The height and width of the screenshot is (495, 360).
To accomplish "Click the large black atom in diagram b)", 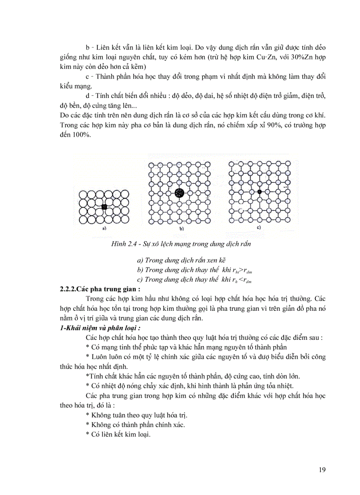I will coord(179,193).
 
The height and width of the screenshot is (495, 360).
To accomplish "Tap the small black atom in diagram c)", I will coord(259,192).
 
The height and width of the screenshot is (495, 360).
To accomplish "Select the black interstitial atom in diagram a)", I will coord(105,207).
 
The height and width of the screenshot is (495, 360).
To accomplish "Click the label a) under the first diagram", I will coord(104,229).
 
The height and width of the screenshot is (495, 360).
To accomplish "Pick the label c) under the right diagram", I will coord(259,228).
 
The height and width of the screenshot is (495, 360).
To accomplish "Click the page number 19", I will coord(322,470).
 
